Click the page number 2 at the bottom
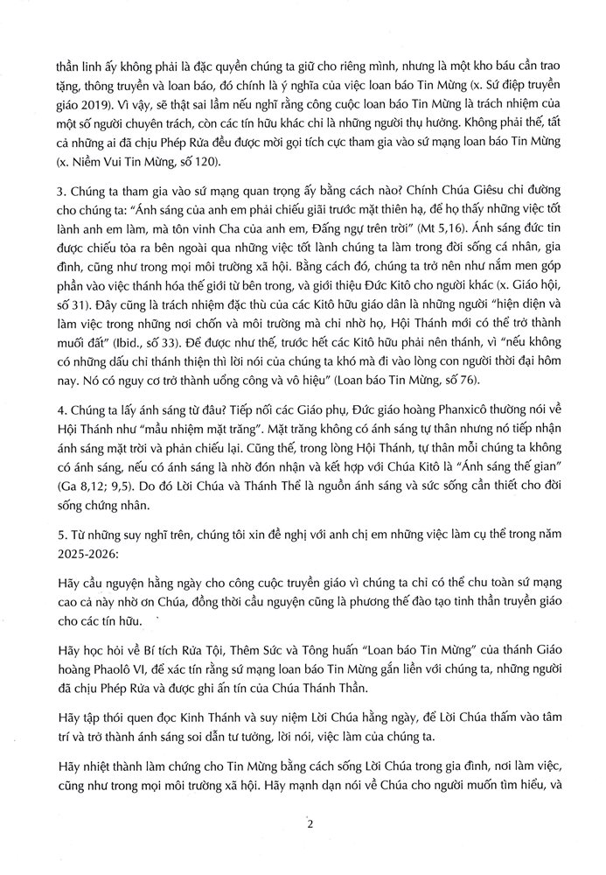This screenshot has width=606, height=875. [309, 823]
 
